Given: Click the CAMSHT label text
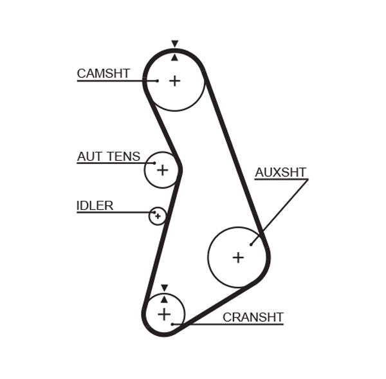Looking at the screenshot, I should [x=103, y=73].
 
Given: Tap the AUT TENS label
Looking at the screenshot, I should [x=108, y=156].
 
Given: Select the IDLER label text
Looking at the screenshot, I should [x=95, y=206].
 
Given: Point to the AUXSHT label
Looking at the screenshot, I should [x=280, y=172].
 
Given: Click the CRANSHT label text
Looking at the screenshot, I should [x=253, y=317].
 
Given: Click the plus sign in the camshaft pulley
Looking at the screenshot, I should [x=175, y=80].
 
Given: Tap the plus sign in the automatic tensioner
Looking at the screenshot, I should [x=162, y=170].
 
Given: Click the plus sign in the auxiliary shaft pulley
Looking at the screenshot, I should [x=238, y=257].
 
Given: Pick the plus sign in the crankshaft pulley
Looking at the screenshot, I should [x=164, y=314].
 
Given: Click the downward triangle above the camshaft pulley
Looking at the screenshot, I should [x=174, y=44].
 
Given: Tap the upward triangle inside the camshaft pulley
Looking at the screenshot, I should [x=174, y=57].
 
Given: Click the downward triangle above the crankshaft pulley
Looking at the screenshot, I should [x=164, y=288].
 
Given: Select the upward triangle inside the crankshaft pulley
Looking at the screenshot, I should [x=164, y=299].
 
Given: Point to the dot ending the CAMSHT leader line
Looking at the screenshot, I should [x=157, y=81].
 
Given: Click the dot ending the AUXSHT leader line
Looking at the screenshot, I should [x=252, y=243].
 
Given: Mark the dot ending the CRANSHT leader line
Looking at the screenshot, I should [x=173, y=324].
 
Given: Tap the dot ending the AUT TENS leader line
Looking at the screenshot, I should [x=154, y=163].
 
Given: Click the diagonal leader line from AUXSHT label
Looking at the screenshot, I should [x=280, y=211].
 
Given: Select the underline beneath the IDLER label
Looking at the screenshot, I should [x=113, y=212].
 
